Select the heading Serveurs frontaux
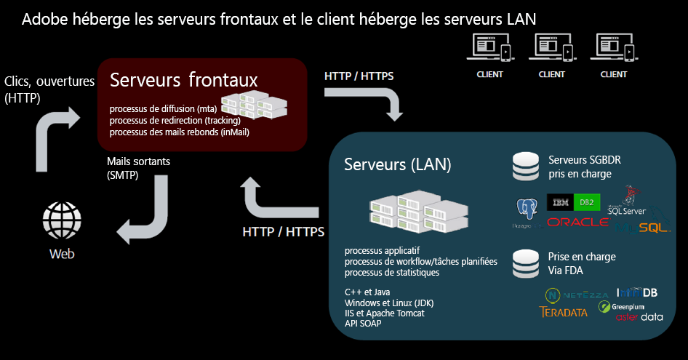tap(183, 79)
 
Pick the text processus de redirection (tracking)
tap(175, 120)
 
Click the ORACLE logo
tap(577, 222)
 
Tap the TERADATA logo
tap(564, 312)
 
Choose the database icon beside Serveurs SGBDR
tap(526, 166)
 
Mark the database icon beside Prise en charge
tap(526, 264)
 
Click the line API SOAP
tap(363, 324)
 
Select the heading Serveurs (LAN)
tap(398, 164)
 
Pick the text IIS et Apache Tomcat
tap(384, 313)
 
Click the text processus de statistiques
tap(392, 272)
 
